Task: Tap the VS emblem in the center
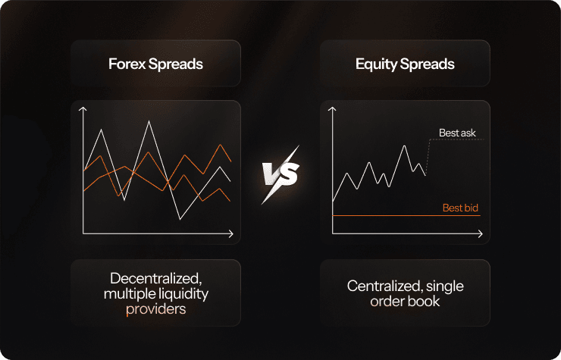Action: [x=280, y=174]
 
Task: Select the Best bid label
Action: [x=460, y=208]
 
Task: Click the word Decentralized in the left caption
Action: [x=155, y=279]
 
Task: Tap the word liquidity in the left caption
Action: [x=178, y=293]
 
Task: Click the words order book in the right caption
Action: [x=405, y=301]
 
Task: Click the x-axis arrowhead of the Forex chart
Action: [x=230, y=236]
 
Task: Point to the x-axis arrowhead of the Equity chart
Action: [x=479, y=236]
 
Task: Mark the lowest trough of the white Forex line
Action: [x=180, y=219]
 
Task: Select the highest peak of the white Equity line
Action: [x=406, y=146]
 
